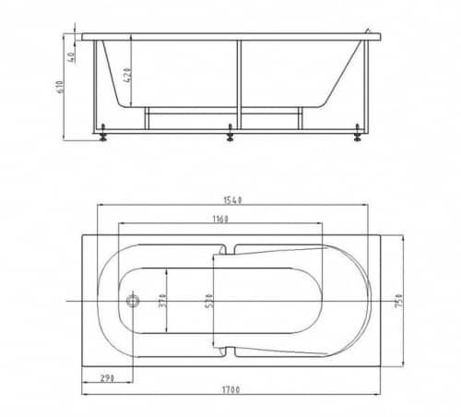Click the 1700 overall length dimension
(x=230, y=390)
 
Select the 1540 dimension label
(x=232, y=200)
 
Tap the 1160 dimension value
(x=220, y=220)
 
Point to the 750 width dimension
(x=398, y=301)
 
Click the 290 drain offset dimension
(x=107, y=378)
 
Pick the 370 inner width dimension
(x=163, y=301)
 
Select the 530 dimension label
(x=209, y=301)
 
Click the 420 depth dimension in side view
(x=129, y=75)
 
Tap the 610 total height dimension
(x=61, y=87)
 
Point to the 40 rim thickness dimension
(x=71, y=57)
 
